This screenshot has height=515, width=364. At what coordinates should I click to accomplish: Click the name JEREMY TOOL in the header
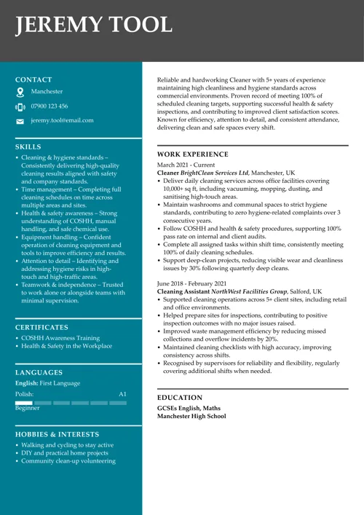95,25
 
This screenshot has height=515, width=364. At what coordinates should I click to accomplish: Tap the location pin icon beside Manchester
20,93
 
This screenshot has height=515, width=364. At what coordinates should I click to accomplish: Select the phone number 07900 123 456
50,106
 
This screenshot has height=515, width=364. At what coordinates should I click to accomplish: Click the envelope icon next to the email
20,121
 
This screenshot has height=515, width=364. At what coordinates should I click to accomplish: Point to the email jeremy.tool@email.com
62,120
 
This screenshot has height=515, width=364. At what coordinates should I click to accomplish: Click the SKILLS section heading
28,146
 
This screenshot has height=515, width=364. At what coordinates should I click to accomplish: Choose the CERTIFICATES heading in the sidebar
41,327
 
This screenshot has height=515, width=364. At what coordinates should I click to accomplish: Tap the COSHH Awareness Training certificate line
60,338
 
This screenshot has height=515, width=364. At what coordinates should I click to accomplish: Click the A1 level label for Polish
122,393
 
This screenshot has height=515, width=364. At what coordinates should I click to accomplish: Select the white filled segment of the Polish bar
24,403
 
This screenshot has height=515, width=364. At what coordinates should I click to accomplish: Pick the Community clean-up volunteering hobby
68,460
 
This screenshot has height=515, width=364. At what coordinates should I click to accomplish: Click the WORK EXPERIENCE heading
193,154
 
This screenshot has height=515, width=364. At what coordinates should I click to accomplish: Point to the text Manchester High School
191,416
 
